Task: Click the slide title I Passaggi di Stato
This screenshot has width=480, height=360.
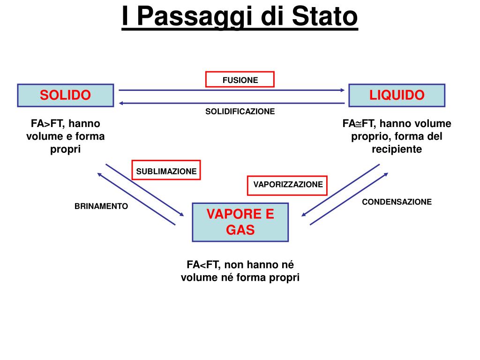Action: point(240,17)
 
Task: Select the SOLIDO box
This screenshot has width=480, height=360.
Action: point(66,95)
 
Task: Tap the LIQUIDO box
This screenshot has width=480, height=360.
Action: point(397,95)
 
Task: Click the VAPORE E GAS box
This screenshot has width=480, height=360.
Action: point(240,222)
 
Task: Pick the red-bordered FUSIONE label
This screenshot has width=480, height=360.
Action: point(240,80)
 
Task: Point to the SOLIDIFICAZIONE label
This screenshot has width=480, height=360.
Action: point(240,112)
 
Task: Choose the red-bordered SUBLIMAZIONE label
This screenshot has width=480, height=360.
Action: point(166,171)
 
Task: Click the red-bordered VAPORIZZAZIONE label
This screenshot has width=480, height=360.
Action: point(288,185)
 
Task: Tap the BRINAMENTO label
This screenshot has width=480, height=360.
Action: point(101,206)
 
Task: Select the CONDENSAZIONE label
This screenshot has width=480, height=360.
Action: point(397,202)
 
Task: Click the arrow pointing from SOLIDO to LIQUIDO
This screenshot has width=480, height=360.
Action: point(232,90)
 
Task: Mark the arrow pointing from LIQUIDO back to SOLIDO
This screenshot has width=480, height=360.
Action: point(232,103)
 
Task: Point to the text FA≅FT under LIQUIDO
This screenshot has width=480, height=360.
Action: point(358,124)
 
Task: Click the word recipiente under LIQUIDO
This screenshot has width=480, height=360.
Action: point(397,149)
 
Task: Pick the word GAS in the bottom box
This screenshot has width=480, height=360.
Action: point(240,230)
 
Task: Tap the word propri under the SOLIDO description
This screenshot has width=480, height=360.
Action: point(66,149)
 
